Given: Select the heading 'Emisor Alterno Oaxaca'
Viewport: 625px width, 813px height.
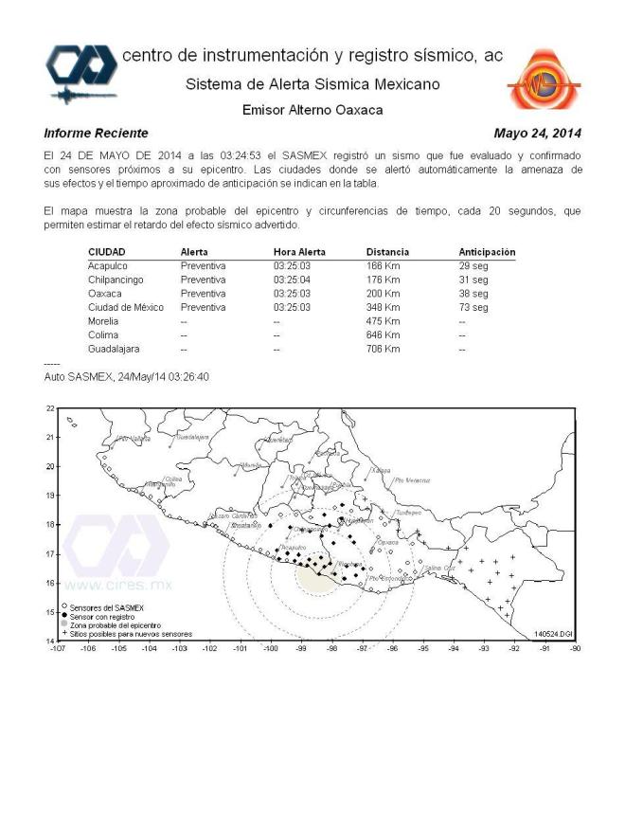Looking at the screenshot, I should [x=312, y=110].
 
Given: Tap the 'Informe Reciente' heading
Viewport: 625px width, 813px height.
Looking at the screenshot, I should [x=96, y=133].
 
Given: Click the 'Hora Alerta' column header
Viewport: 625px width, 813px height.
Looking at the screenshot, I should [x=300, y=252].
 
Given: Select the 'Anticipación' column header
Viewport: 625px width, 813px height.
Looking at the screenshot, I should [x=487, y=252].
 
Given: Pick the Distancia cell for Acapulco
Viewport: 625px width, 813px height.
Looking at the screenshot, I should [x=383, y=266].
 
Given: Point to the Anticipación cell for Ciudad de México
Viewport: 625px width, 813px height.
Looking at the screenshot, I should [x=473, y=308].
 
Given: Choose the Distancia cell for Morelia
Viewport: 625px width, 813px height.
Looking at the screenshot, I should [x=383, y=321].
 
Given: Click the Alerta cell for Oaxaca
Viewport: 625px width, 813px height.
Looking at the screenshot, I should [x=203, y=294].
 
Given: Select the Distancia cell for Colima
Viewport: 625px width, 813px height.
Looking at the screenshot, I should [x=383, y=335].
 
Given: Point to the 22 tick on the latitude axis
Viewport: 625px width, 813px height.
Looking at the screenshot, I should [x=49, y=407].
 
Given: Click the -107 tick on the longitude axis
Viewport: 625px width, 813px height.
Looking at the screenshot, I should [x=58, y=649].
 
